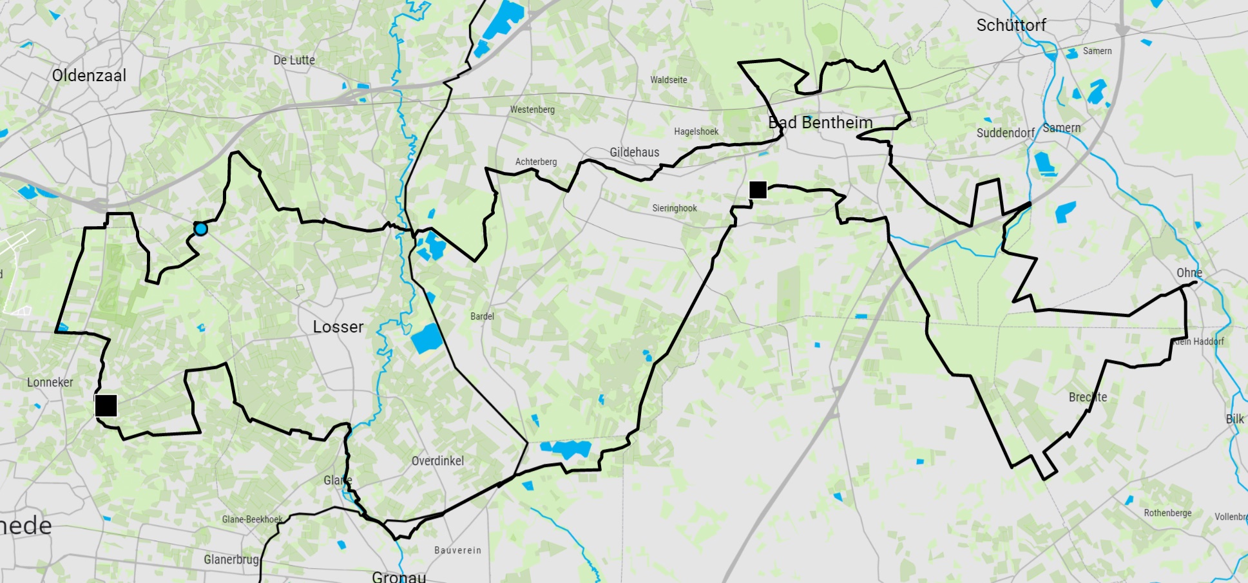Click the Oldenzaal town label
tap(89, 75)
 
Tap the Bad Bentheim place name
tap(820, 122)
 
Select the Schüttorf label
tap(1011, 25)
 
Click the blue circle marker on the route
tap(201, 229)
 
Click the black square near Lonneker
tap(106, 406)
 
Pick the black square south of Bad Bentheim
tap(758, 189)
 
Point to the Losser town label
tap(338, 327)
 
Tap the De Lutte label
tap(294, 60)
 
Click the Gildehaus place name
tap(634, 152)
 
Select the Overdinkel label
tap(437, 461)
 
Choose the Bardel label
tap(482, 316)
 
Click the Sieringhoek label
tap(674, 208)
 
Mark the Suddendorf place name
tap(1005, 133)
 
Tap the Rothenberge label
tap(1167, 513)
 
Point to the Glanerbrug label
tap(231, 559)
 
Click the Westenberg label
tap(532, 110)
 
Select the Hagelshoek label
tap(696, 131)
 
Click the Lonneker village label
tap(50, 382)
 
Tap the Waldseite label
tap(668, 80)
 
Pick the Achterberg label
tap(535, 162)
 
